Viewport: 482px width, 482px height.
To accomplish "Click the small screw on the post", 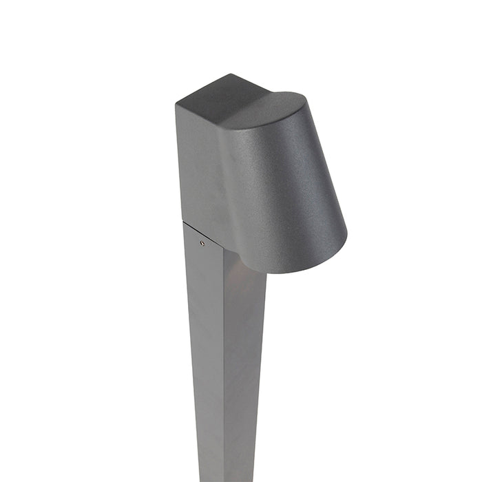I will pyautogui.click(x=201, y=242).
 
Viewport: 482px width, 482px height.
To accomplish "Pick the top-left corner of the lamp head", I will pyautogui.click(x=176, y=103).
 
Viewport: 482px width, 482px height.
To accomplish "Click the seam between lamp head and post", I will pyautogui.click(x=207, y=234).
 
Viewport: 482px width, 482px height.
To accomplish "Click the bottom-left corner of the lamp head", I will pyautogui.click(x=182, y=221).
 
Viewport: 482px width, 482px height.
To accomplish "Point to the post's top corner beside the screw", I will pyautogui.click(x=185, y=224).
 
